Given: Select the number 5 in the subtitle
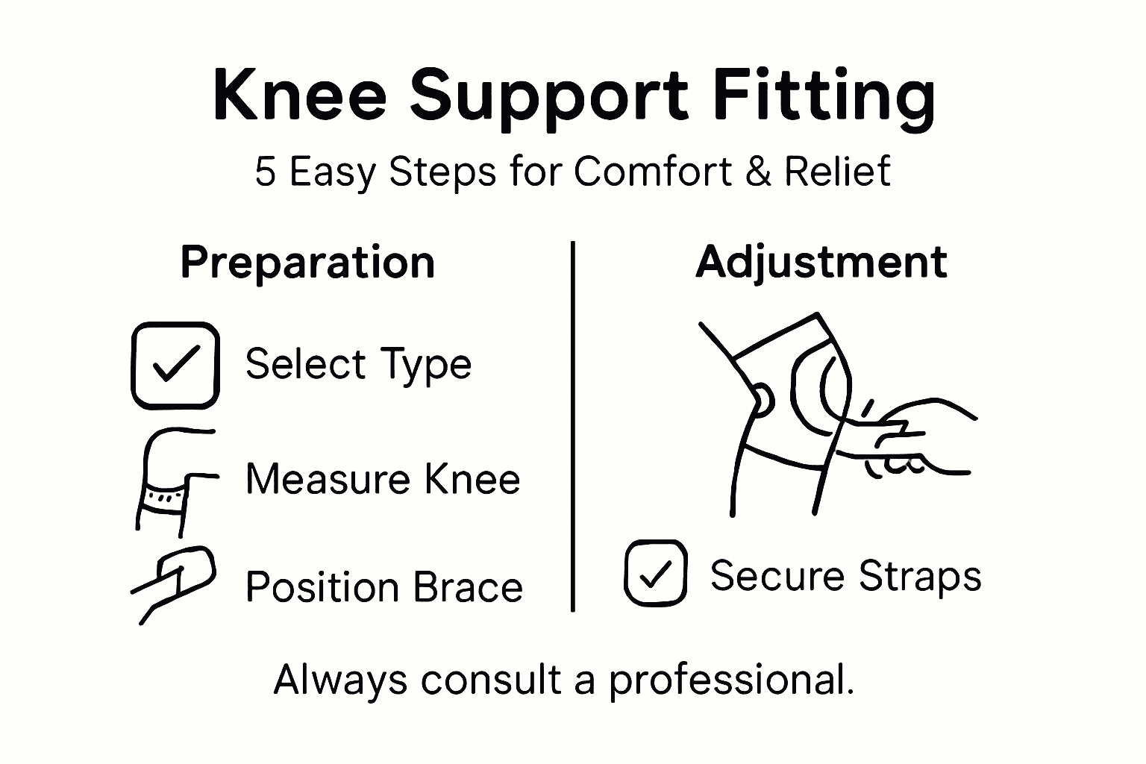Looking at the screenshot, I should pos(265,172).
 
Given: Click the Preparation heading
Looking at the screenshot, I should pos(307,263).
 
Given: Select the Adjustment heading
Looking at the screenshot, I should pos(821,263).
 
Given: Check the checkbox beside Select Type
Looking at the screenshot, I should pos(175,366).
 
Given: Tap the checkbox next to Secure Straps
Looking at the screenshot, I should pos(655,573).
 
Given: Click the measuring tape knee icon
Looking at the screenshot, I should pos(172,481).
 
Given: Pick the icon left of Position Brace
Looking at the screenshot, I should pos(173,583).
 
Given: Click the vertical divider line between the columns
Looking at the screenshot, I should pos(572,425).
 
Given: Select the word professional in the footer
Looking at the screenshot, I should pos(730,680).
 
